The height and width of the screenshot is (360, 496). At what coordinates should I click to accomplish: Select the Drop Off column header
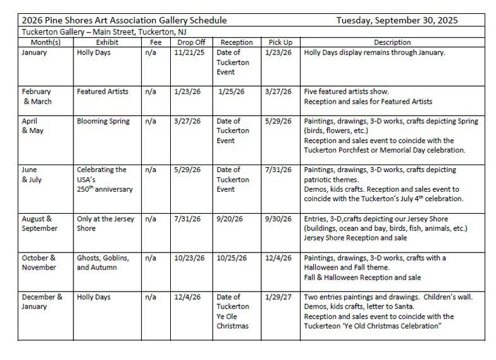coord(187,42)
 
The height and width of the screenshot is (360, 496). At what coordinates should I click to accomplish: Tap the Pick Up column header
coord(280,42)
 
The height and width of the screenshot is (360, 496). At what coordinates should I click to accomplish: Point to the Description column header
coord(392,42)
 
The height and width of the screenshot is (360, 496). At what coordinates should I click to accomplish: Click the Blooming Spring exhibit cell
coord(103,121)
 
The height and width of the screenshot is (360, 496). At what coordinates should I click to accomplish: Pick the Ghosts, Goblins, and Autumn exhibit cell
coord(103,263)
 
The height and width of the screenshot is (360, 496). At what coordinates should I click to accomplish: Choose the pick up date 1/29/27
coord(280,297)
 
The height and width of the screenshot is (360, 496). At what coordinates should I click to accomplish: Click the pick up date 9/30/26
coord(280,219)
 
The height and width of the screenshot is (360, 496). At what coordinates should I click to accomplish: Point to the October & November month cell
coord(39,263)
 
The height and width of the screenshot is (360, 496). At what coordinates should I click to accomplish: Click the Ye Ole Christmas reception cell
coord(233,311)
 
